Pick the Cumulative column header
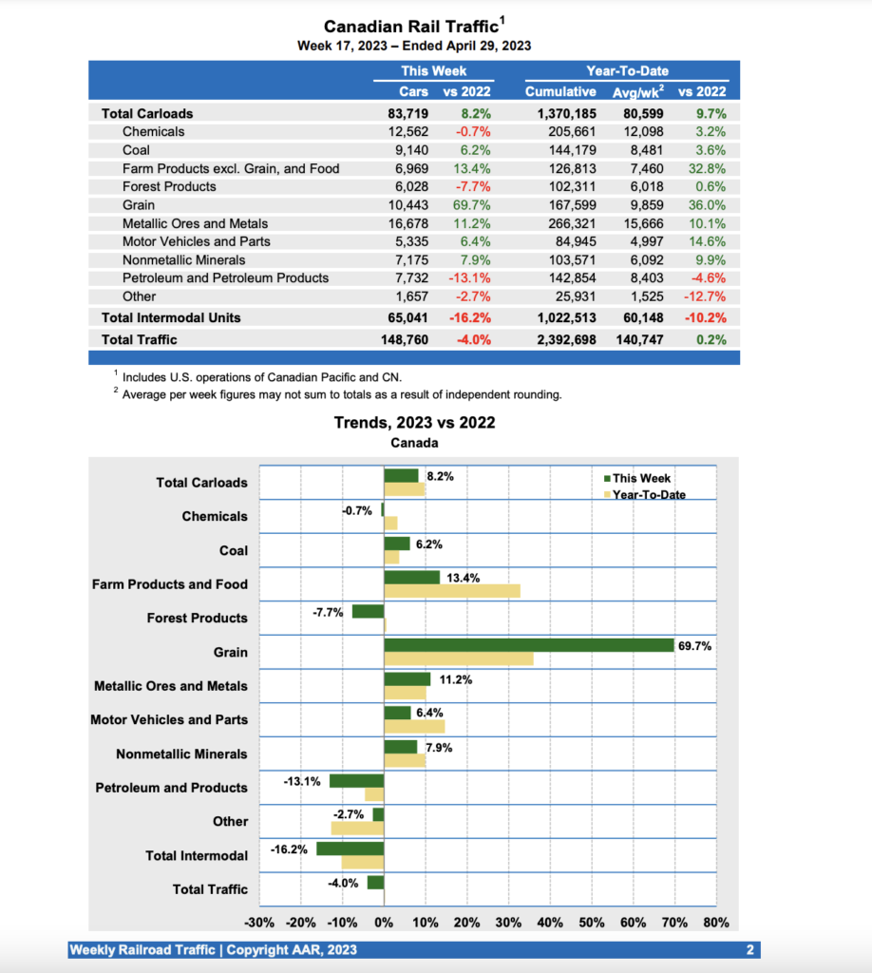coord(560,92)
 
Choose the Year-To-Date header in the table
coord(627,71)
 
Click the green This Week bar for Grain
coord(528,645)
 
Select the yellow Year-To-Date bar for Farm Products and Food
coord(452,591)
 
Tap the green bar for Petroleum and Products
coord(356,780)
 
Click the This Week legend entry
coord(640,479)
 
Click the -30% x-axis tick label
coord(259,923)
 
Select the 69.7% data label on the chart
coord(694,645)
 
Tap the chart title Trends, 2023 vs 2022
coord(414,423)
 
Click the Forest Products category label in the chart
coord(197,619)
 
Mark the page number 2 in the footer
coord(749,950)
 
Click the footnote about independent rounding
coord(342,395)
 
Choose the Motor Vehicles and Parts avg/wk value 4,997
coord(638,241)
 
